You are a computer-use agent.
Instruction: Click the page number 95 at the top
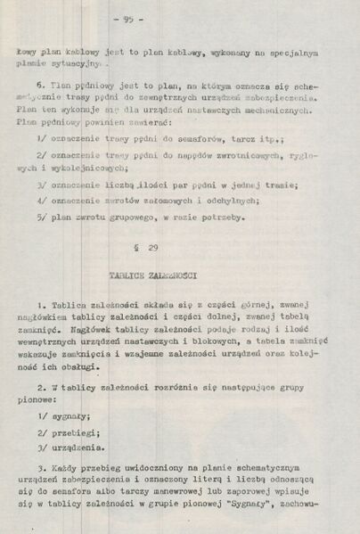[x=179, y=18]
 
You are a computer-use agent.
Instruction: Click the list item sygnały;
[x=73, y=415]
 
